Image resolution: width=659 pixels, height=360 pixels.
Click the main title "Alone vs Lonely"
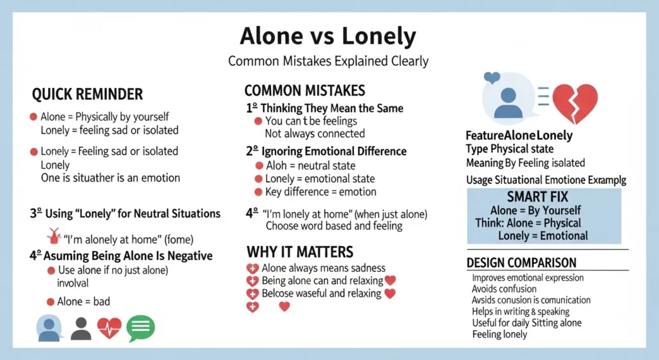click(328, 36)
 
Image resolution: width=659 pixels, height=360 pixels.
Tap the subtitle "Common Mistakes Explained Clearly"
click(328, 62)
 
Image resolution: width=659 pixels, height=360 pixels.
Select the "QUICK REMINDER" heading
click(88, 95)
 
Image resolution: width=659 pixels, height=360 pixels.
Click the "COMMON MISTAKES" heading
click(304, 91)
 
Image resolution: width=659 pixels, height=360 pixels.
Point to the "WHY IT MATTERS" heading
click(300, 251)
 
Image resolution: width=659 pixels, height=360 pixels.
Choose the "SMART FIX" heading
click(543, 196)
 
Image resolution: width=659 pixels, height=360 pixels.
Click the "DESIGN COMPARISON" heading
click(521, 263)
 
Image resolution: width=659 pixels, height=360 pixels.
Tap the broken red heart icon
click(575, 103)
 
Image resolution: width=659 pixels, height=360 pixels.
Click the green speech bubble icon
click(141, 328)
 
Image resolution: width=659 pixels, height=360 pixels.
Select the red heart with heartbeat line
click(109, 328)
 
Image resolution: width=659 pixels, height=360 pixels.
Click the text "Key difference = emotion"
click(320, 192)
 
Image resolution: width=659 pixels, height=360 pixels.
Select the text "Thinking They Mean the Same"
click(331, 108)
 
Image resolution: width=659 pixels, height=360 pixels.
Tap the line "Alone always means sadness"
click(324, 268)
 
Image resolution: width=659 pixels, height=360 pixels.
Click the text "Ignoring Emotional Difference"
click(334, 152)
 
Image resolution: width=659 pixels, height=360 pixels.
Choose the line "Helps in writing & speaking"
click(521, 312)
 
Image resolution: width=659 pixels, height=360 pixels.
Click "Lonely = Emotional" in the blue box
click(543, 236)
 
